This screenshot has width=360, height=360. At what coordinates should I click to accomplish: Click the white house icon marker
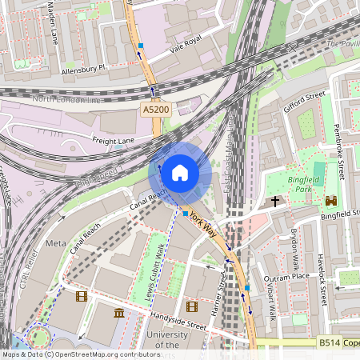tap(180, 172)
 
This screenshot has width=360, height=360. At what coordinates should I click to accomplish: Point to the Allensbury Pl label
tap(83, 70)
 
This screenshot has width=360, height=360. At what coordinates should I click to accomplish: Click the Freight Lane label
tap(113, 142)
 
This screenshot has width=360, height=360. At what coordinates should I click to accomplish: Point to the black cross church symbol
tap(275, 201)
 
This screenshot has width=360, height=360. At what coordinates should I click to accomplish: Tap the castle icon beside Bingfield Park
tap(330, 200)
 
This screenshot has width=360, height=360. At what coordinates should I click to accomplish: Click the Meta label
tap(56, 242)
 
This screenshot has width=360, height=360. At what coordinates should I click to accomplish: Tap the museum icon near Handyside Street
tap(119, 312)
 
